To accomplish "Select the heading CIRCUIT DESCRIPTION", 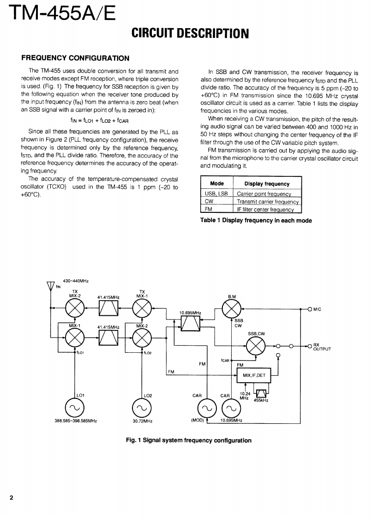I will pos(190,33).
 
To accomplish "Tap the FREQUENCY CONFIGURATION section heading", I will pos(76,58).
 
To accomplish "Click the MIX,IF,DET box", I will pos(253,375).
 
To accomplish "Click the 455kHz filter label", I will pos(261,400).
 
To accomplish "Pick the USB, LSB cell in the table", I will pos(216,194).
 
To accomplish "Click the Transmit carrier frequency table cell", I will pos(268,202).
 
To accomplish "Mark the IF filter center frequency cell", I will pos(268,209).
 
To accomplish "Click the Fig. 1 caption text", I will pos(189,440).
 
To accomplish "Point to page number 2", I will pos(11,498).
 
